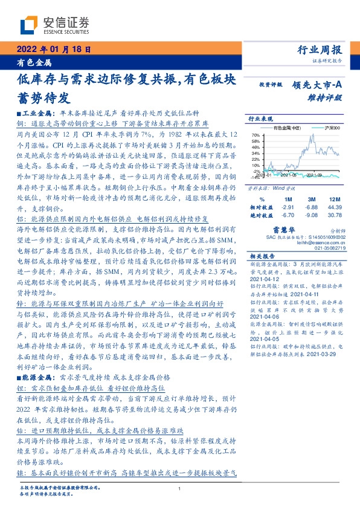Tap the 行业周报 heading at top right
(321, 50)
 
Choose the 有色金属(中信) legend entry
(288, 129)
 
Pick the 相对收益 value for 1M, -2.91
(288, 207)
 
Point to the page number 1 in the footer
(180, 489)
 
